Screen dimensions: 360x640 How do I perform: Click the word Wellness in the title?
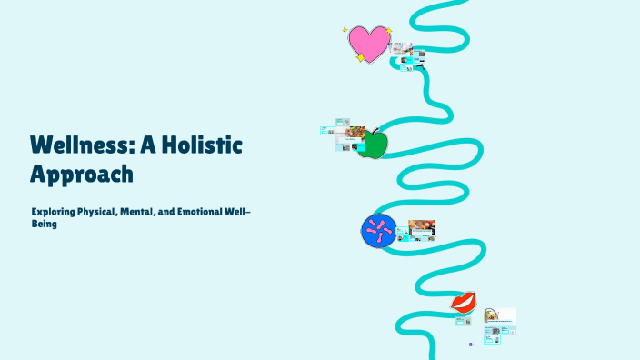coord(73,145)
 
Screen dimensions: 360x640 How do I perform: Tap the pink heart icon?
coord(368,43)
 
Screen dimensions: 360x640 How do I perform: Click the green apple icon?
coord(372,144)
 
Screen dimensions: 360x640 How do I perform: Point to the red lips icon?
coord(464,301)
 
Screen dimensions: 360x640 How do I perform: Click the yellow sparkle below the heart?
coord(360,58)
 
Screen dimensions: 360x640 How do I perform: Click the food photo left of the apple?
coord(355,132)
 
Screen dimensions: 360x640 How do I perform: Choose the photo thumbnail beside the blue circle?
coord(421,226)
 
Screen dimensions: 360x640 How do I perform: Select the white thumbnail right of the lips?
coord(500,315)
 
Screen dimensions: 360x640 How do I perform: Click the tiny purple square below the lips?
coord(470,345)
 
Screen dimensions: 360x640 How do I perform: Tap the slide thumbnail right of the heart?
coord(403,49)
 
